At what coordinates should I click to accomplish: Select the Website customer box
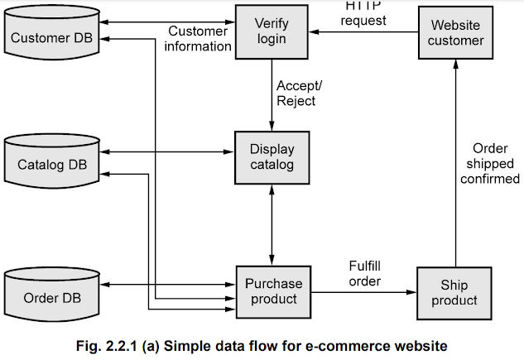click(450, 32)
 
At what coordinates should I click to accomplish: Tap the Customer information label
click(199, 39)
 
